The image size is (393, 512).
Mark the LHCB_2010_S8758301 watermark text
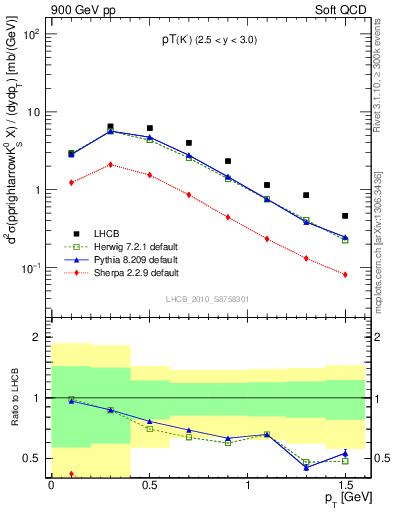pyautogui.click(x=207, y=298)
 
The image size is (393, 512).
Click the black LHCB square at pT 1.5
pyautogui.click(x=345, y=216)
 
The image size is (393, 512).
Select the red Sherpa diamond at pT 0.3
pyautogui.click(x=110, y=164)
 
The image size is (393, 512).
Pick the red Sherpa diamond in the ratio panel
pyautogui.click(x=71, y=473)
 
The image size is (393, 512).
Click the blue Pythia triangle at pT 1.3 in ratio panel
pyautogui.click(x=306, y=467)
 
